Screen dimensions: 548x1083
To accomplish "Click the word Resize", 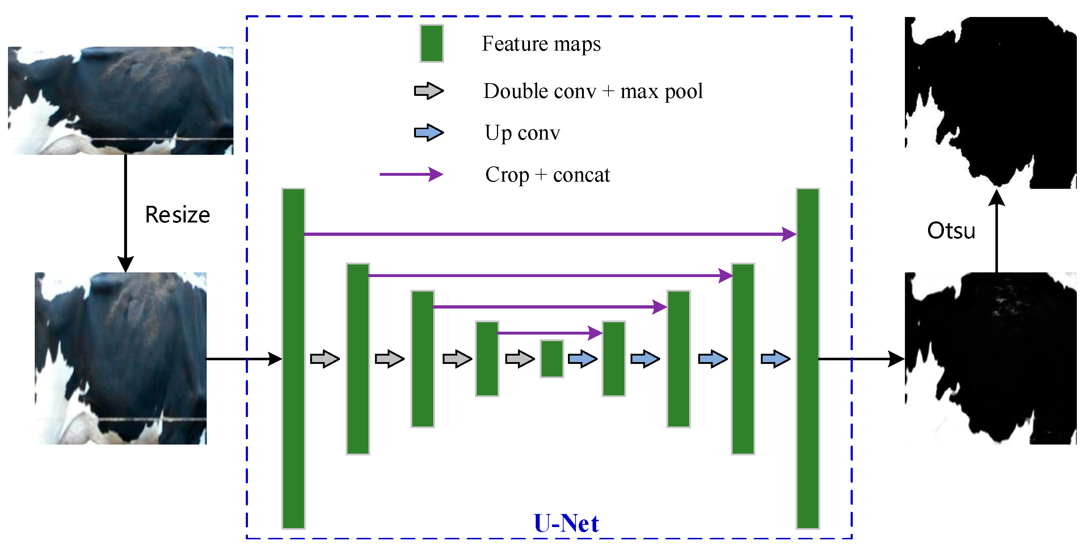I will pos(177,215).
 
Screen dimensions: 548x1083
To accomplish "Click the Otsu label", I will pos(951,231).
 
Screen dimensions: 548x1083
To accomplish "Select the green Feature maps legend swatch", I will pos(431,44).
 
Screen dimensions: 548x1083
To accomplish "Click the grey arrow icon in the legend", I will pos(429,91).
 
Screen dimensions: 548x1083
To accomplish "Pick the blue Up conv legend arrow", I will pos(429,133).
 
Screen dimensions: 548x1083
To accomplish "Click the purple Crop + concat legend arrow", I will pos(411,174).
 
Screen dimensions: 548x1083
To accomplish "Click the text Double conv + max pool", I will pos(593,91).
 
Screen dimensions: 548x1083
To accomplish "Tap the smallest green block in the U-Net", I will pos(552,359).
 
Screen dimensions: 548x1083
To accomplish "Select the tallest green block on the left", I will pos(294,358).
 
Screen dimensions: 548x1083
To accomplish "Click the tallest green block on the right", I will pos(808,358).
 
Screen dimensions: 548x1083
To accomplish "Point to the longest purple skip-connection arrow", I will pos(547,234).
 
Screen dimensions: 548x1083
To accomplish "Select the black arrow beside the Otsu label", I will pos(996,231).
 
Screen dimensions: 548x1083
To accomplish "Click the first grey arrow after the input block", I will pos(325,359).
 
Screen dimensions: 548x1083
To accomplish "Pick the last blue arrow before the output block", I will pos(775,359).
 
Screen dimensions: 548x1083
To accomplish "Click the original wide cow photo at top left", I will pos(121,101).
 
